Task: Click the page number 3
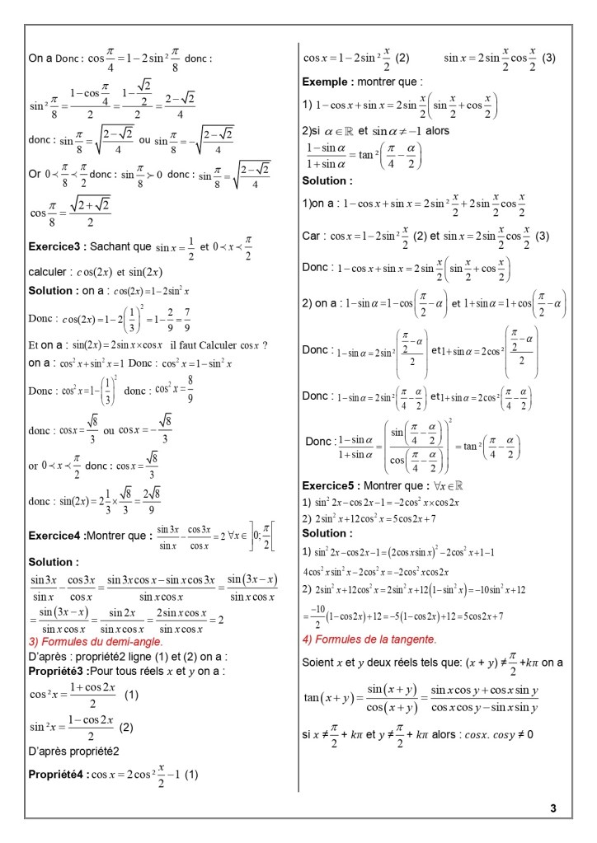(x=553, y=808)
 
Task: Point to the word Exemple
(x=327, y=82)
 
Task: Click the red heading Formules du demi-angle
(x=96, y=641)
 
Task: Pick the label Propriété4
(x=57, y=775)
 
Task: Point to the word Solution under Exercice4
(x=54, y=562)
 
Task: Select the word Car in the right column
(x=311, y=236)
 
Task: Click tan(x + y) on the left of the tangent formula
(x=324, y=698)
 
